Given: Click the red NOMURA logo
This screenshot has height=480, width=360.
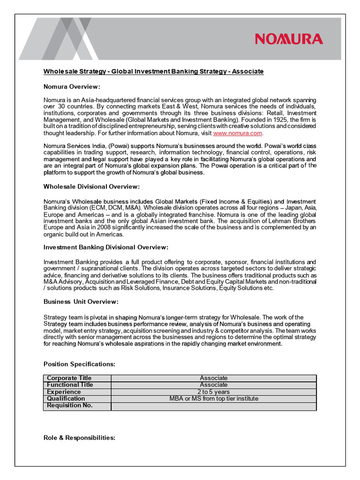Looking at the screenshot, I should (x=289, y=39).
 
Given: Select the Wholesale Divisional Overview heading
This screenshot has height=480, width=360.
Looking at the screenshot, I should (x=91, y=187).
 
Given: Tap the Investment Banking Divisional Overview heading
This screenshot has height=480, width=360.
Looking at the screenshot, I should (x=105, y=247).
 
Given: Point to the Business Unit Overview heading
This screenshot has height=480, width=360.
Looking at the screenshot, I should (x=81, y=301).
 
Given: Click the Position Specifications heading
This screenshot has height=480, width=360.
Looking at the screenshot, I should (x=79, y=364).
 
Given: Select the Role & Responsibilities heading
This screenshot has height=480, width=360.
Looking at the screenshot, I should (x=79, y=438).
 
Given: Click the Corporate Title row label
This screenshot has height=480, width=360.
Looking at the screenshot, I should (x=69, y=378).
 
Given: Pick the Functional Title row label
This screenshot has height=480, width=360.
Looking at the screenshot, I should (x=70, y=385).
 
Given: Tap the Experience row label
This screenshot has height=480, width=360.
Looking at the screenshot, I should (x=64, y=392).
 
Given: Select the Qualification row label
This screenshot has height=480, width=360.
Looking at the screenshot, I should (x=66, y=399).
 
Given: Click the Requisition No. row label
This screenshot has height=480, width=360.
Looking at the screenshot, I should (x=70, y=405).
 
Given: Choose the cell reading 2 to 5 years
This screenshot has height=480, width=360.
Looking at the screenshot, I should (x=213, y=392).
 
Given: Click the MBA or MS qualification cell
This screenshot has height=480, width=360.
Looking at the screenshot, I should (x=213, y=399).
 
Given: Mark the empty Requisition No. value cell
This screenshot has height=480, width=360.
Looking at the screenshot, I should (x=213, y=406).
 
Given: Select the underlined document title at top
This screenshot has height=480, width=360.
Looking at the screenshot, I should (x=154, y=71).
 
